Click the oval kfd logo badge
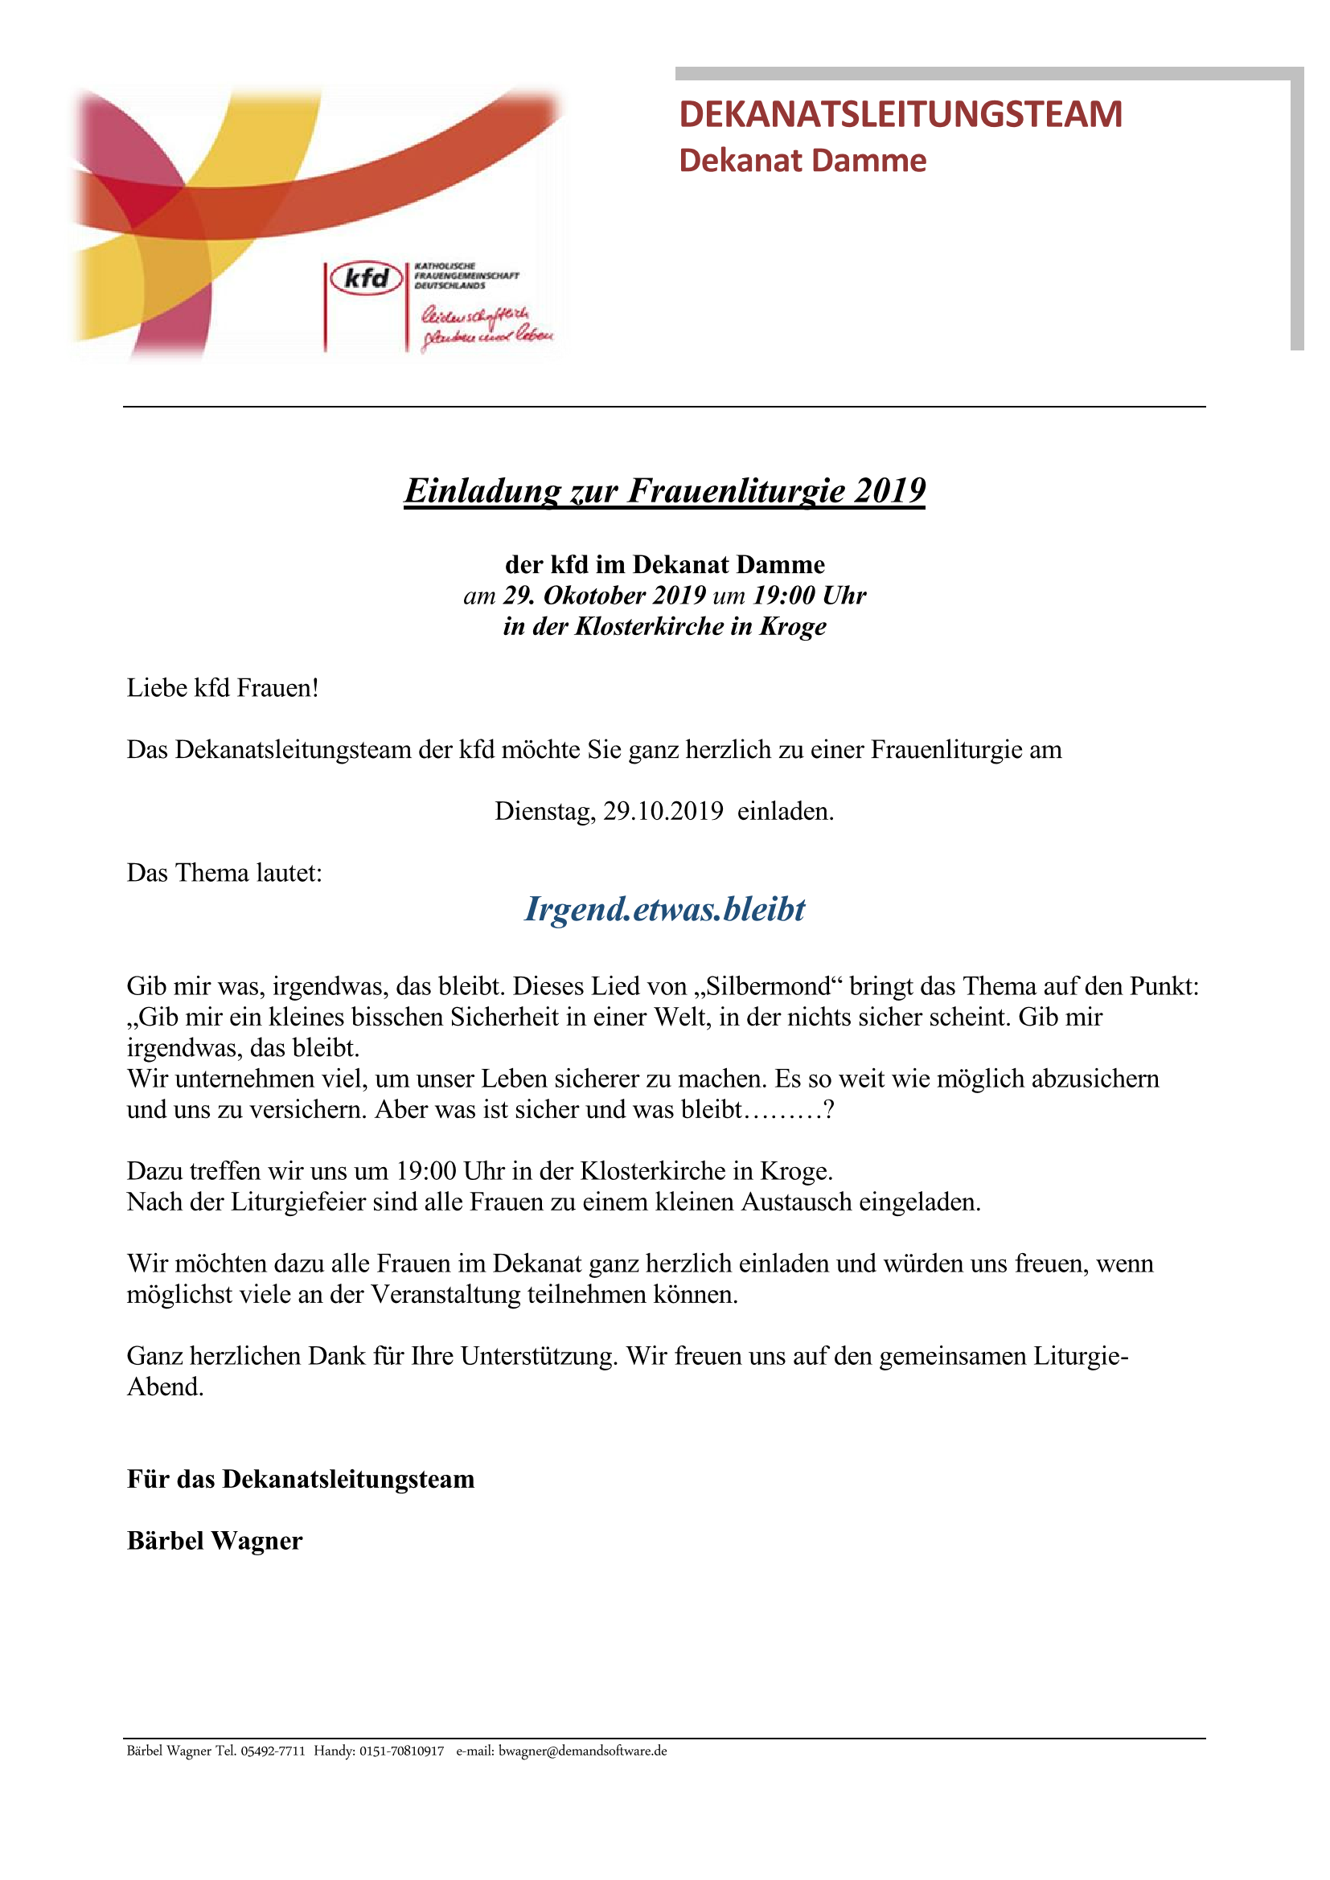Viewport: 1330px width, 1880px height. [x=366, y=278]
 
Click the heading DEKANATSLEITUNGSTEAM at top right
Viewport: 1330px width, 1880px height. [x=900, y=114]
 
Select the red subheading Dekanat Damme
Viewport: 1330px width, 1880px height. [x=802, y=161]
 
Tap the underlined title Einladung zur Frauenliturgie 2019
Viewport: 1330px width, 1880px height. [x=664, y=490]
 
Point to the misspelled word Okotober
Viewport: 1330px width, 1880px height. [x=593, y=596]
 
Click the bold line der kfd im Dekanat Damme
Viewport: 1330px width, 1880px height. [x=664, y=564]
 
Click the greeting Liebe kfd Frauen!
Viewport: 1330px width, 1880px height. [x=222, y=688]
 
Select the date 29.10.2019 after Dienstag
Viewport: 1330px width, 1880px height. [x=663, y=812]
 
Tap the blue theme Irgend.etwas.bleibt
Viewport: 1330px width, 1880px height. [x=664, y=909]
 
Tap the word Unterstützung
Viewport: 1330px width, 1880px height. [x=538, y=1356]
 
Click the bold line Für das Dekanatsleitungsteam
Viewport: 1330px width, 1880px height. [x=301, y=1480]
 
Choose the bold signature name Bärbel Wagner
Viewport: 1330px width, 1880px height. [x=215, y=1541]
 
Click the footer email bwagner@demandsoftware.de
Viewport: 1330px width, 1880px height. [x=582, y=1751]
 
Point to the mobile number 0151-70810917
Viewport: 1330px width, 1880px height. [x=401, y=1751]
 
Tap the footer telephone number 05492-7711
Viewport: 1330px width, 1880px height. [x=273, y=1751]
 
